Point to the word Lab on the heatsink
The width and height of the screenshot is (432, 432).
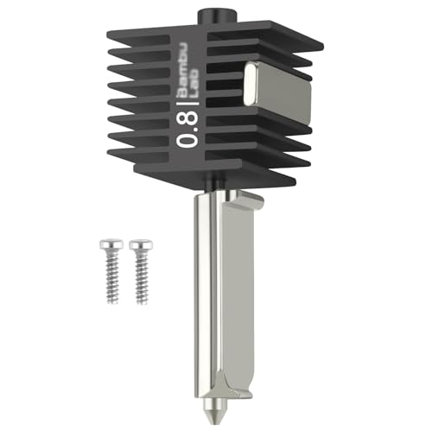(199, 73)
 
